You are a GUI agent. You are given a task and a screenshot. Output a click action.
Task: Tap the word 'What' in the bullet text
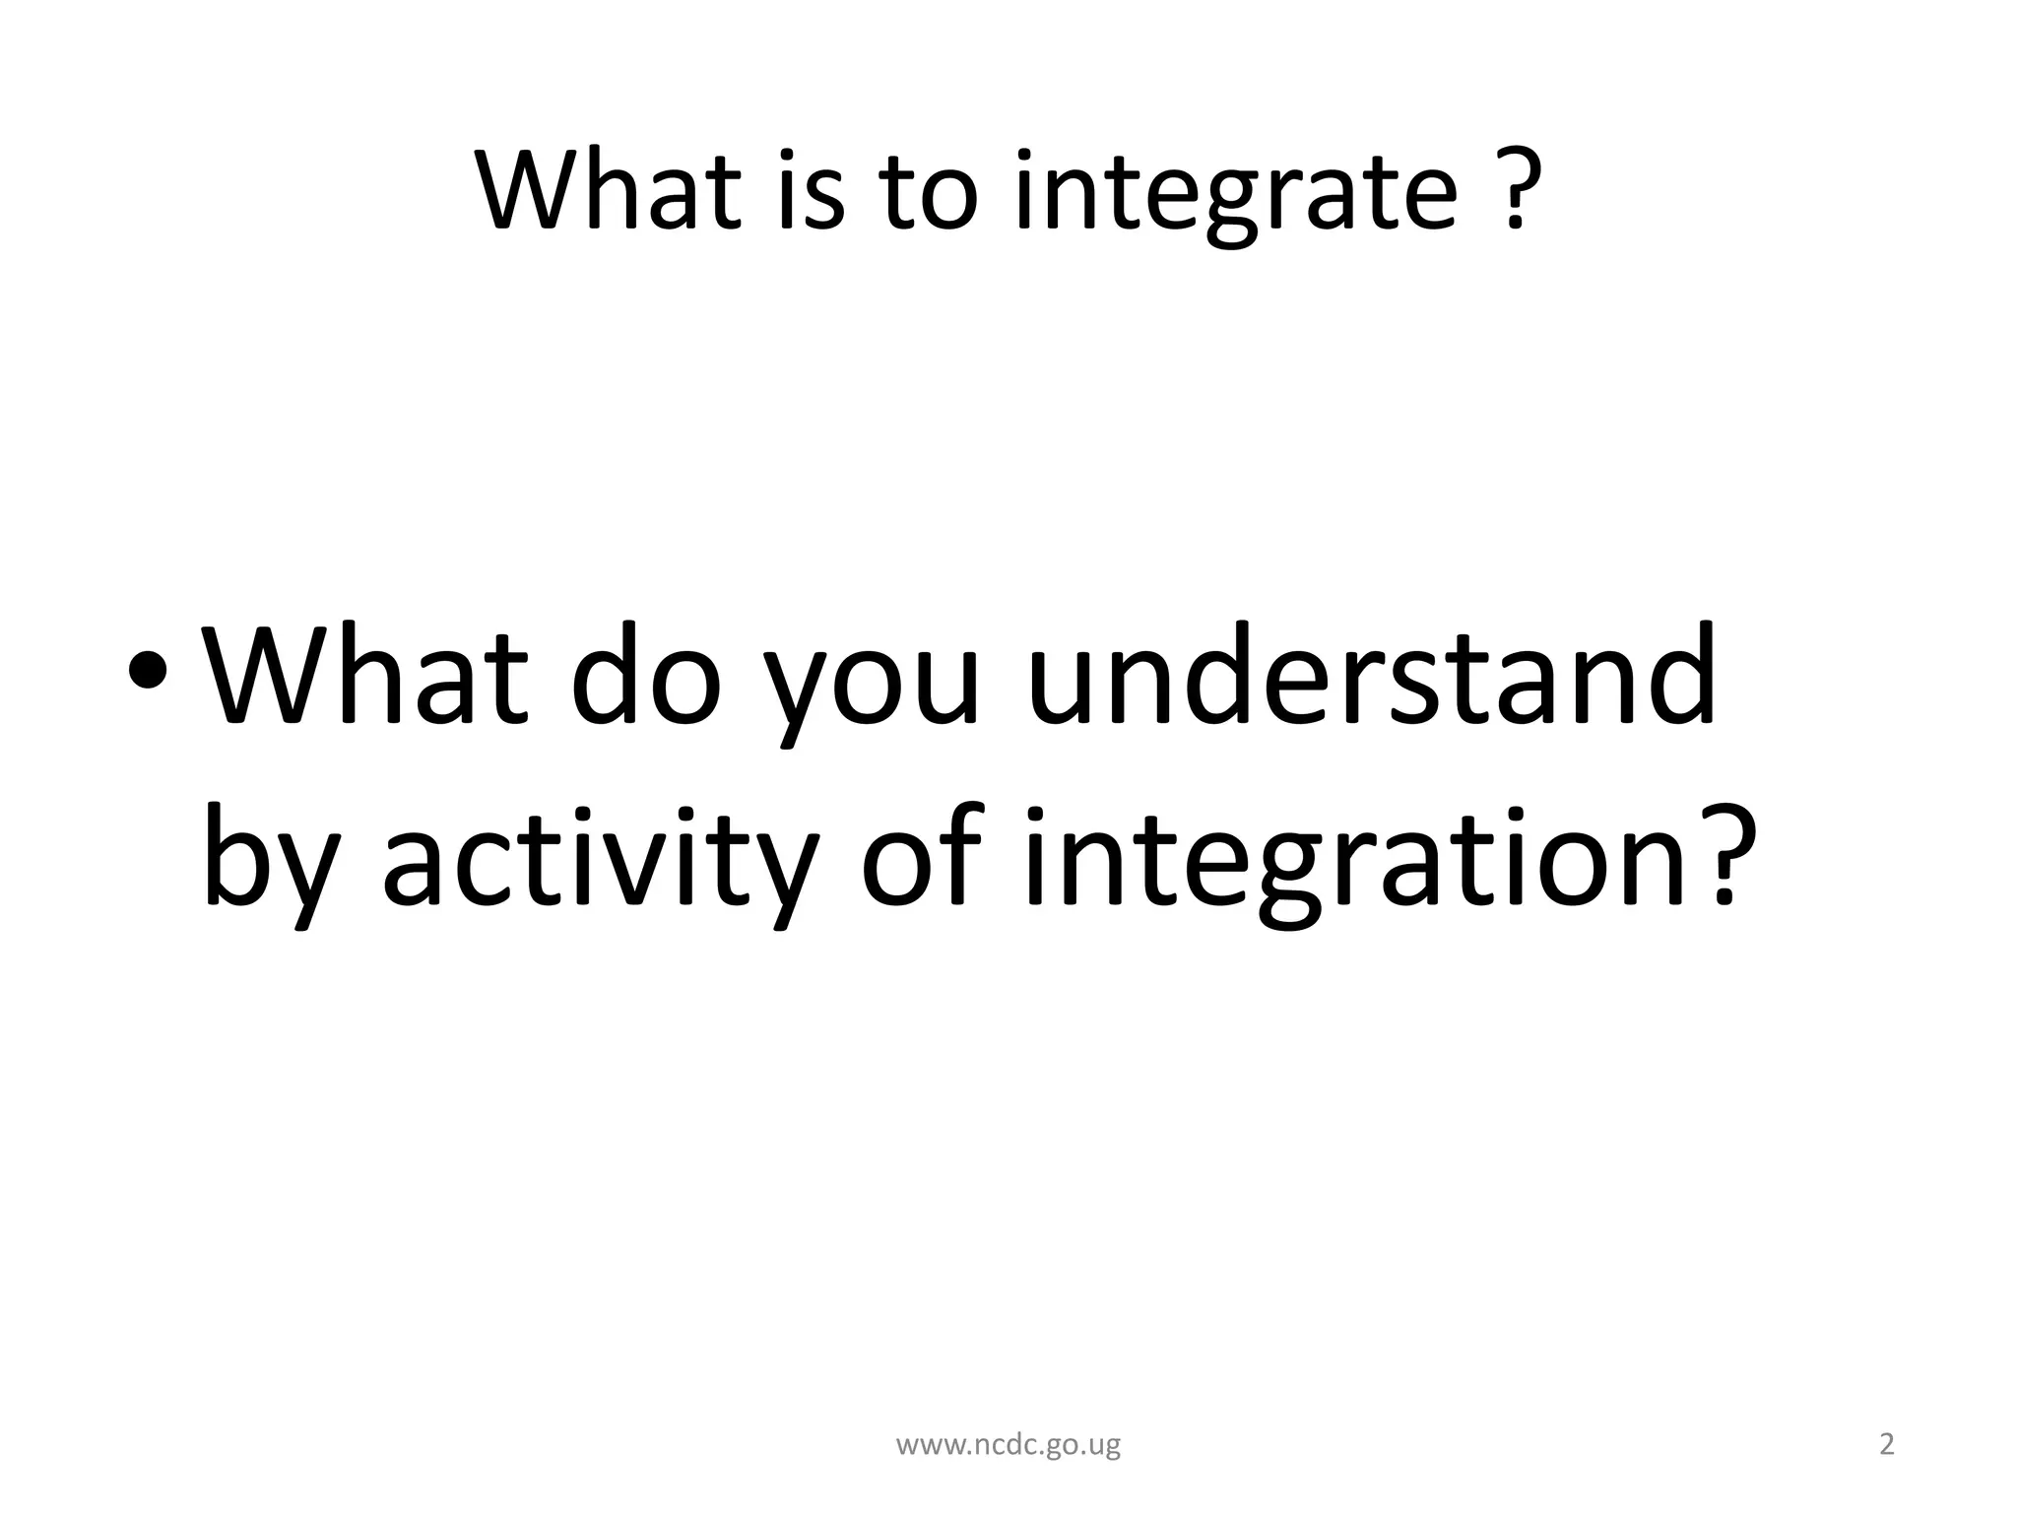tap(364, 677)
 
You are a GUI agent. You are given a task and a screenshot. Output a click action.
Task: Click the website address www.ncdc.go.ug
tap(1008, 1446)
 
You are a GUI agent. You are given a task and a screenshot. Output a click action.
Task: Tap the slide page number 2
tap(1887, 1445)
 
